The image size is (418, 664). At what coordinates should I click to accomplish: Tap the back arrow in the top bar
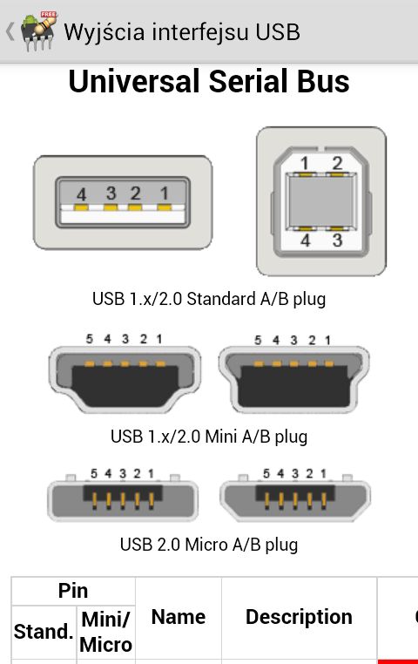pyautogui.click(x=10, y=31)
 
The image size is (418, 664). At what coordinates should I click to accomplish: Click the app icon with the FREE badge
pyautogui.click(x=39, y=31)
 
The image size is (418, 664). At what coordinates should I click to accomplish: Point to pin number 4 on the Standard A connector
pyautogui.click(x=81, y=194)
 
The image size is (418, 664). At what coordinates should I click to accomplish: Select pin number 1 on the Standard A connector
pyautogui.click(x=165, y=193)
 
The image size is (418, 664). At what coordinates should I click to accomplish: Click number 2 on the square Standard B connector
pyautogui.click(x=337, y=163)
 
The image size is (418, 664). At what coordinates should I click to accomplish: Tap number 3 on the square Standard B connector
pyautogui.click(x=337, y=241)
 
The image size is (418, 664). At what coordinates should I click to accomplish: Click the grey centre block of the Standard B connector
pyautogui.click(x=320, y=201)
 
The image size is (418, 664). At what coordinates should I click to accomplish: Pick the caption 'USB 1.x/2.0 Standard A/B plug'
pyautogui.click(x=209, y=299)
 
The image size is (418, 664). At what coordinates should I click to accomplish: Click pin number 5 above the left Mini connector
pyautogui.click(x=90, y=339)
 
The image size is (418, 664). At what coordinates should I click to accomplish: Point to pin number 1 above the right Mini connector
pyautogui.click(x=327, y=340)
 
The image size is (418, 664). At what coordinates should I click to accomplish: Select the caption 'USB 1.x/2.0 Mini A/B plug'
pyautogui.click(x=209, y=437)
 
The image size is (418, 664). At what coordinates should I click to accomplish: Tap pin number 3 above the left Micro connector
pyautogui.click(x=123, y=473)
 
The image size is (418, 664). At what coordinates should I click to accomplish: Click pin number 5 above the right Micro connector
pyautogui.click(x=266, y=473)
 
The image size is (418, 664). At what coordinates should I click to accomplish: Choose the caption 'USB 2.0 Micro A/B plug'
pyautogui.click(x=209, y=545)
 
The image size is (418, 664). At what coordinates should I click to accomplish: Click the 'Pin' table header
pyautogui.click(x=73, y=591)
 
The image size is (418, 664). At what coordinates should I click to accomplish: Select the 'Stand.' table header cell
pyautogui.click(x=44, y=632)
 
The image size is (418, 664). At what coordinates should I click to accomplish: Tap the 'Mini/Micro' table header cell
pyautogui.click(x=105, y=632)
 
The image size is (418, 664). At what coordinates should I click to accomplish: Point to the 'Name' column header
pyautogui.click(x=179, y=617)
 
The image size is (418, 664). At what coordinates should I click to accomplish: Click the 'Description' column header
pyautogui.click(x=299, y=617)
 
